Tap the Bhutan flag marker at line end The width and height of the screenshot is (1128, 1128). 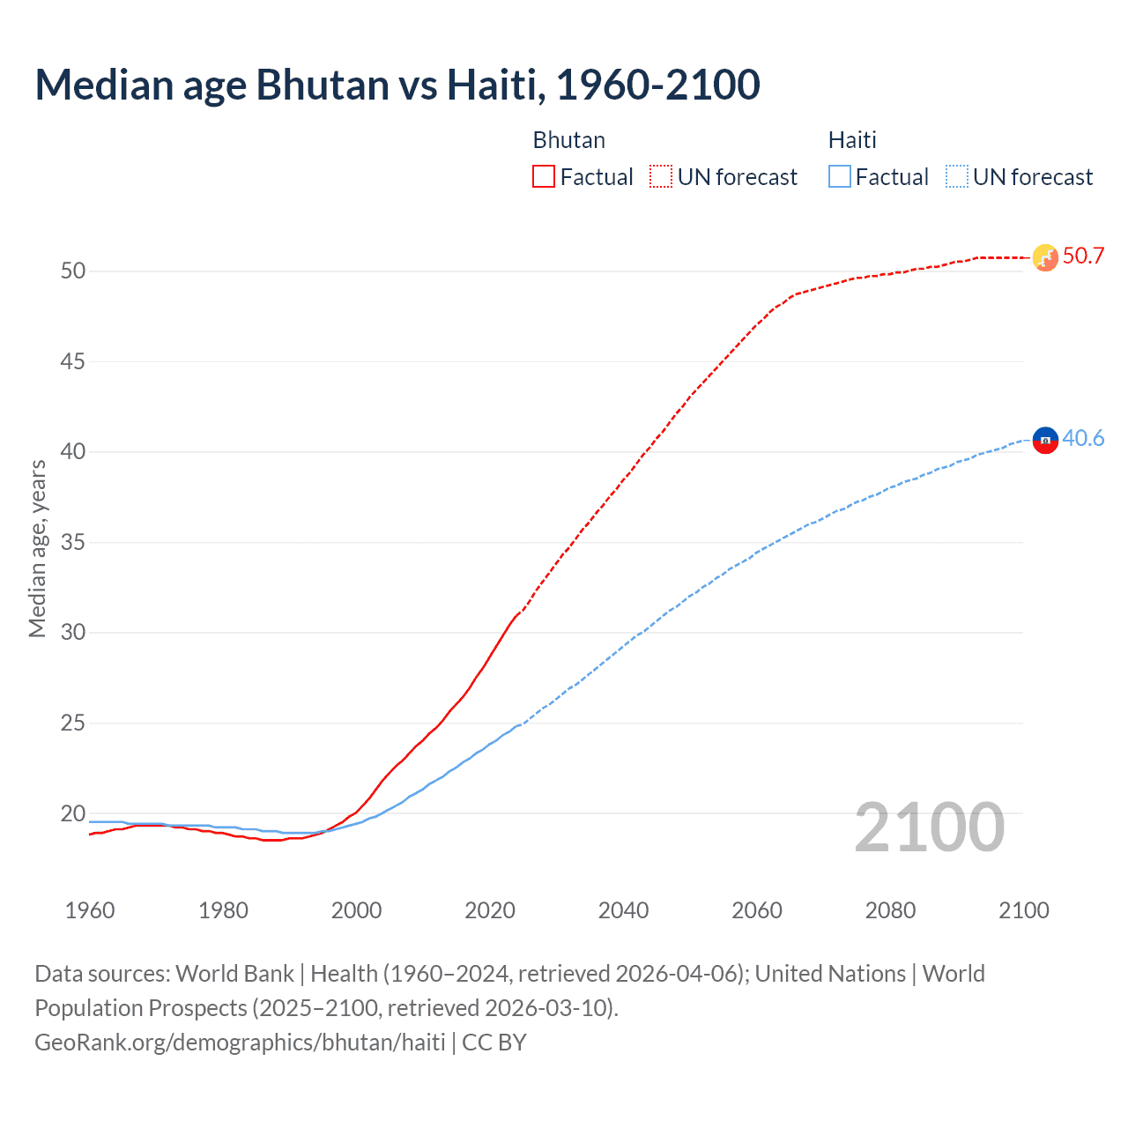(1045, 257)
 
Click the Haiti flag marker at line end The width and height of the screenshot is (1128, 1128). (1045, 439)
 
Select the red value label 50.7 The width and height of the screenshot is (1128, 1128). (1083, 256)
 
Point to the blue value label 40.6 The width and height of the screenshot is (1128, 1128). (1083, 438)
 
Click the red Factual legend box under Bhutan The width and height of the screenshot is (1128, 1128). (544, 177)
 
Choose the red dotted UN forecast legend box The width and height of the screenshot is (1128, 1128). (661, 177)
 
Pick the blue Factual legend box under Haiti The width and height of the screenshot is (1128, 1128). (840, 177)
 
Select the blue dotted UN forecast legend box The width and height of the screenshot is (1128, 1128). (957, 177)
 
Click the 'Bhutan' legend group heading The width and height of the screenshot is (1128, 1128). (568, 140)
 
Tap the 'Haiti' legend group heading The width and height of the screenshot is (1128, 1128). (852, 140)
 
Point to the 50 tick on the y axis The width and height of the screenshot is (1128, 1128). (73, 271)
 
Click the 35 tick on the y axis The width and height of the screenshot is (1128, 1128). (73, 542)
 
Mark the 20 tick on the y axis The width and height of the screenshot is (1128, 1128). (73, 813)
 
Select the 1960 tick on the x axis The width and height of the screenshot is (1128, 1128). (90, 910)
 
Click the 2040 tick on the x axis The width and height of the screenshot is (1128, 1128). (623, 910)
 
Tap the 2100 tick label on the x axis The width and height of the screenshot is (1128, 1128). (1024, 910)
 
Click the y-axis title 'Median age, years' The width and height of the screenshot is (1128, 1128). (37, 548)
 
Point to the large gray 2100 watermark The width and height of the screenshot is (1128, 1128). (929, 827)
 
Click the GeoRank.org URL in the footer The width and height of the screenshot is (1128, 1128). (240, 1043)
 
